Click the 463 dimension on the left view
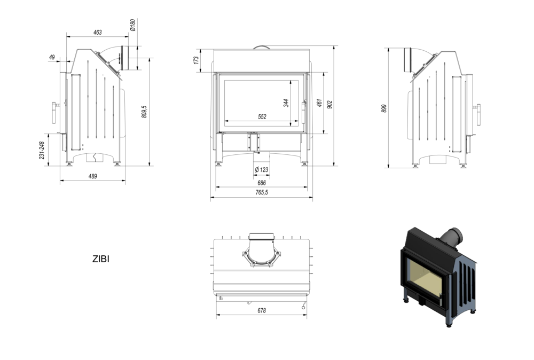[x=97, y=33]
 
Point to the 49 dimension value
[x=52, y=57]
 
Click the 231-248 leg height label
[x=41, y=150]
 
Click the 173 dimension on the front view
[x=196, y=60]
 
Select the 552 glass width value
[x=262, y=116]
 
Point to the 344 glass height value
[x=286, y=102]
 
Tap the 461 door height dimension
[x=319, y=103]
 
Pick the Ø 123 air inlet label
[x=261, y=170]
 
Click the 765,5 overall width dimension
[x=261, y=193]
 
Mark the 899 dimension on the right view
[x=383, y=108]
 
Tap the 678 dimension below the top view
[x=261, y=310]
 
